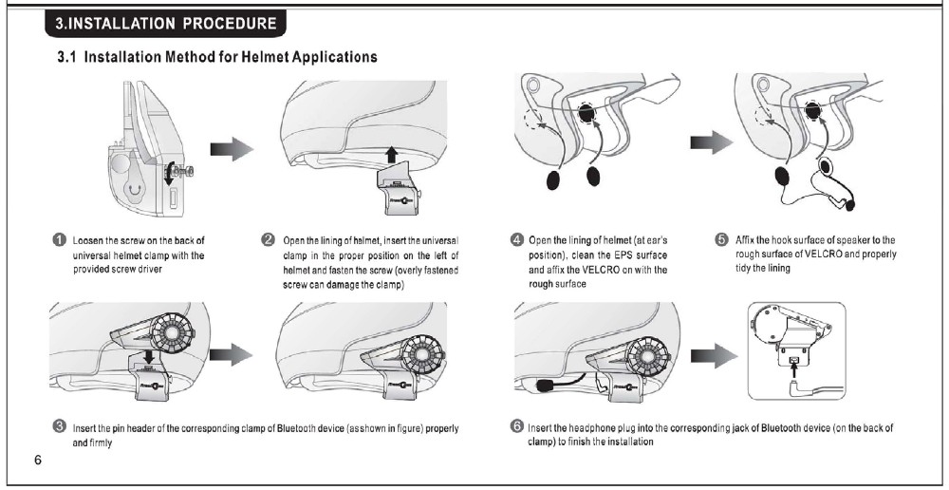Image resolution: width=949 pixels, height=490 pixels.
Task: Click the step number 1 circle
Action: point(59,241)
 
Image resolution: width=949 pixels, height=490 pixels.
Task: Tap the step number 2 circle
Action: point(268,241)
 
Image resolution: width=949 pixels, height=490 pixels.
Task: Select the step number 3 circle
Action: point(59,428)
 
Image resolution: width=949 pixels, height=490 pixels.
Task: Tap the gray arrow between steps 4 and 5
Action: point(709,142)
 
